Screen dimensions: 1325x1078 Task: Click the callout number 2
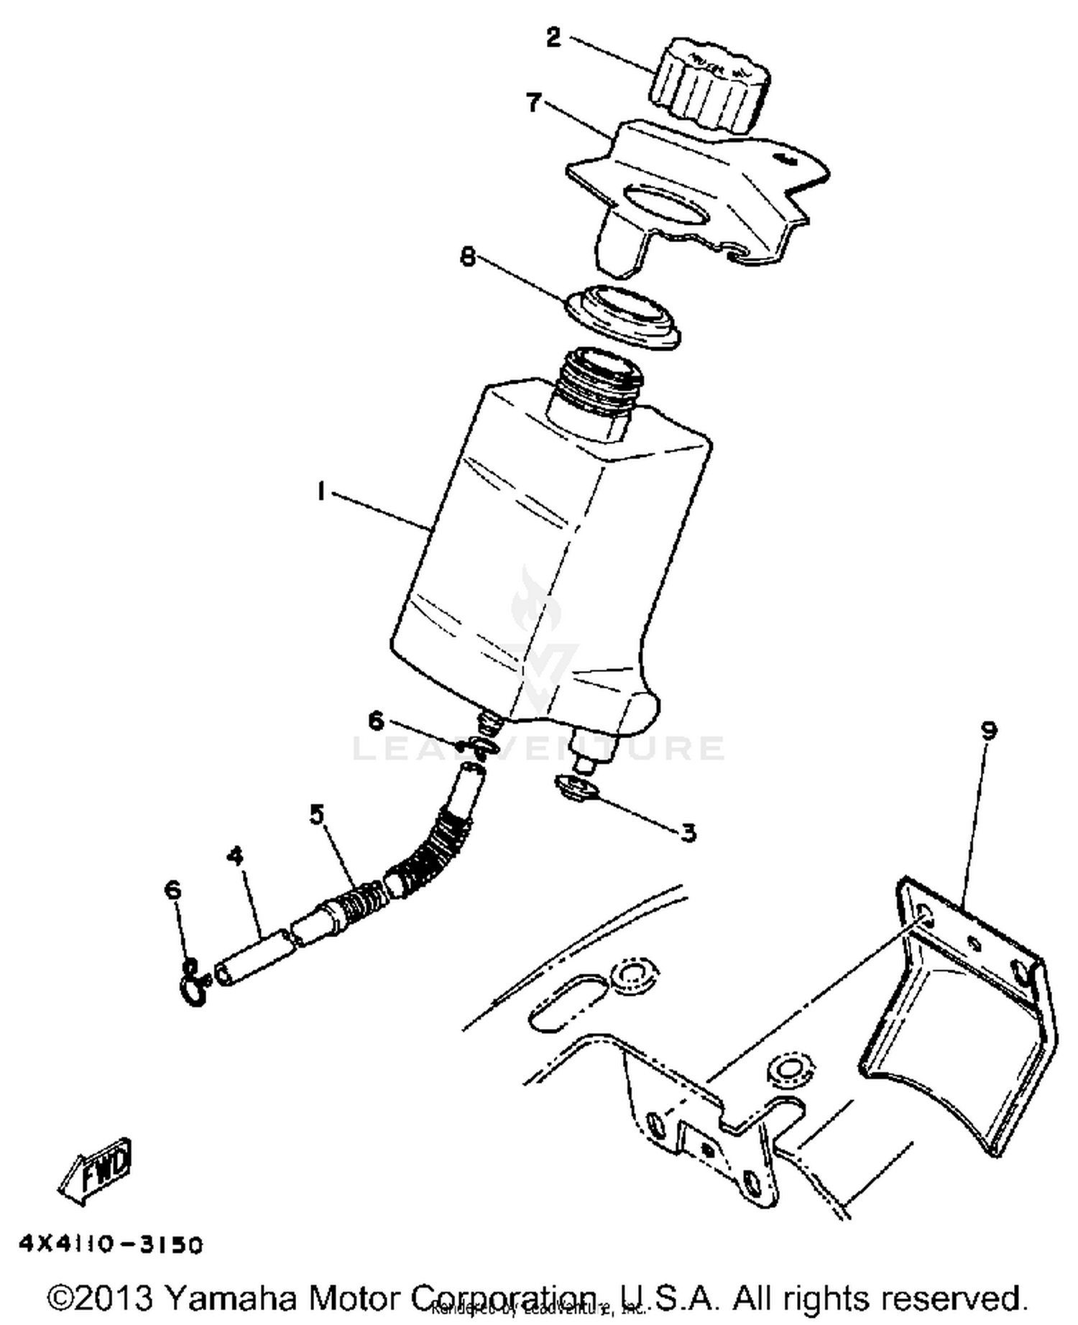point(553,37)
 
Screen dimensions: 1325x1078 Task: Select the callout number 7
point(533,103)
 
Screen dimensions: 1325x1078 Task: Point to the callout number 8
point(469,257)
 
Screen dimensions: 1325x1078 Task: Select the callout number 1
point(321,491)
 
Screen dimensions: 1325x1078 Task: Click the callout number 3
point(688,832)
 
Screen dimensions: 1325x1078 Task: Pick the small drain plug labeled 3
point(576,787)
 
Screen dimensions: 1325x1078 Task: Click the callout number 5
point(317,814)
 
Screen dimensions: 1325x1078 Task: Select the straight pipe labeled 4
point(255,956)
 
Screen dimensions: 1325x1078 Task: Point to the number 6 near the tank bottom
point(377,720)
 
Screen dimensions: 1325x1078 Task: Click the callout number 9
point(989,731)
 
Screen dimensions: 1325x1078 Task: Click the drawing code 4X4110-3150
point(111,1245)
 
